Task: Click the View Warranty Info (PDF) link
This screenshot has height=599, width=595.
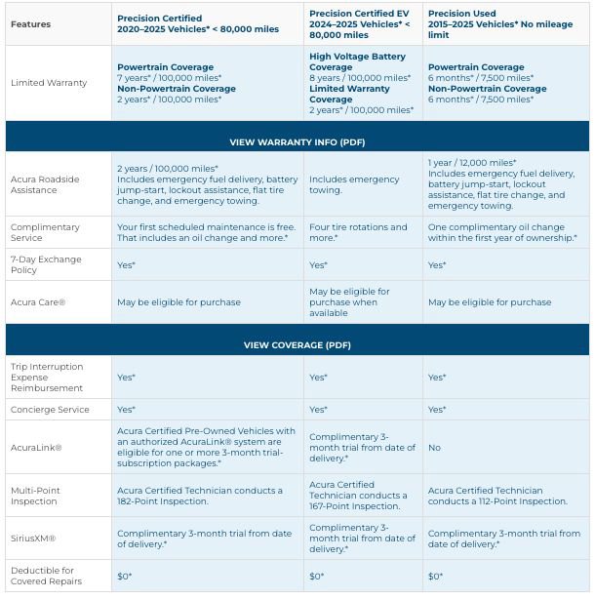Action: [297, 142]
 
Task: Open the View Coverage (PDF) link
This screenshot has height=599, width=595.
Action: [297, 345]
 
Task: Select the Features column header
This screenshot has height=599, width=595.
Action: [30, 23]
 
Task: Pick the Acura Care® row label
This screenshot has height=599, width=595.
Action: [38, 302]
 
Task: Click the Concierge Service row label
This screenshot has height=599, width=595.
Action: [50, 410]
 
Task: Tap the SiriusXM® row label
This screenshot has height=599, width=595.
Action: [33, 538]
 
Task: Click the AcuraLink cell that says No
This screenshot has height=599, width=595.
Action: [434, 448]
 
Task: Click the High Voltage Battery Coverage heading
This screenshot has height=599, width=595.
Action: [357, 61]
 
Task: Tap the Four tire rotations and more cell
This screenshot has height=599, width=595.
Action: [358, 232]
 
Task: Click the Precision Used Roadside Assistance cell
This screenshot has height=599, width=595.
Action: [501, 184]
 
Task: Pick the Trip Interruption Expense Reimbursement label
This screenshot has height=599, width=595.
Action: [47, 378]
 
